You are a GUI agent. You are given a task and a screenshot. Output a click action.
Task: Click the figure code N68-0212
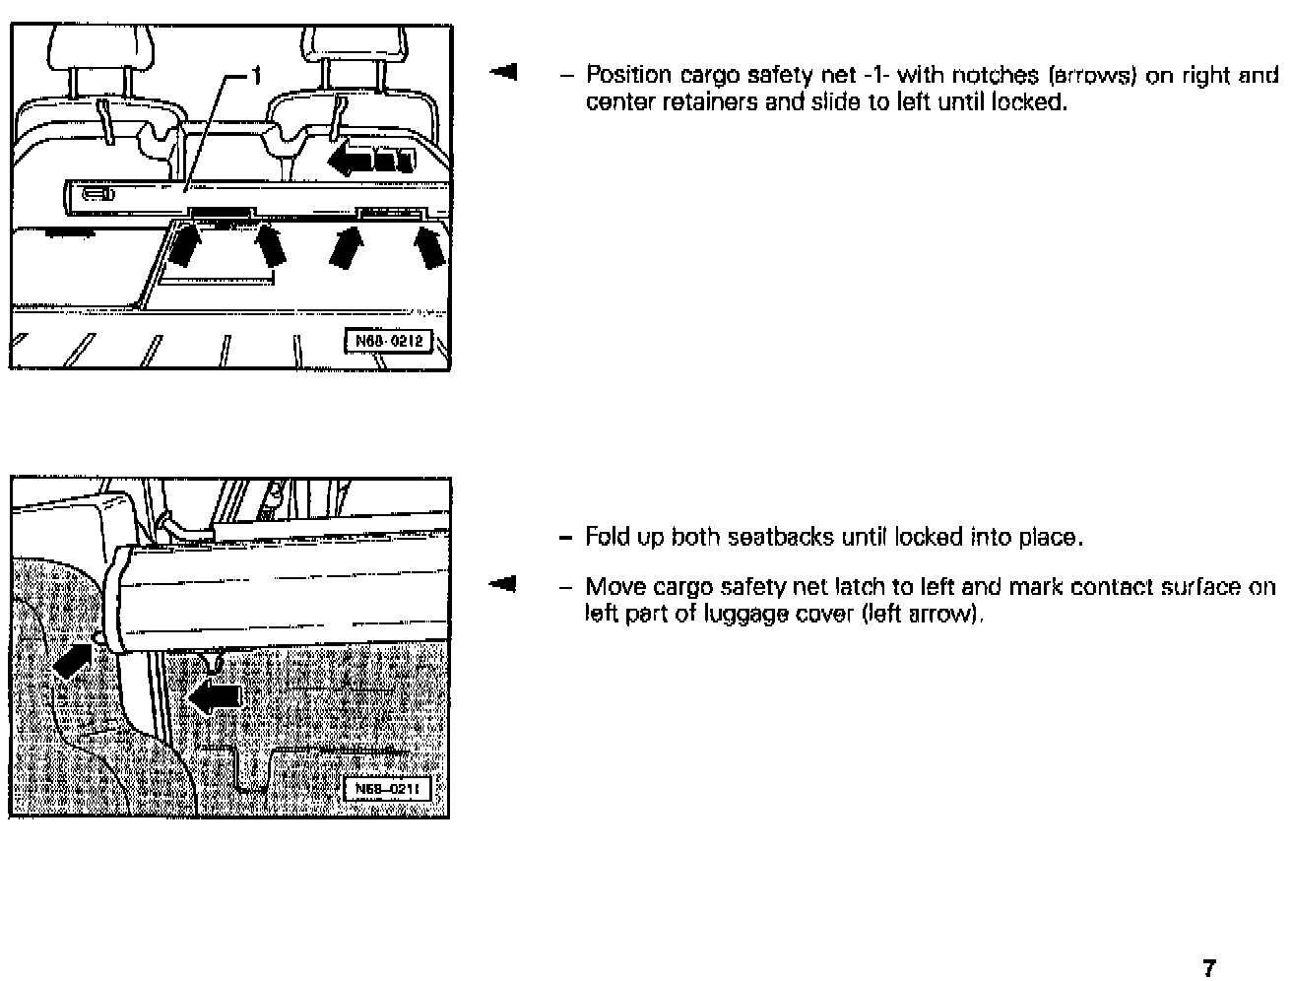click(388, 341)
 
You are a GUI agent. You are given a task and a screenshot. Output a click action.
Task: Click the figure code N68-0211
click(388, 789)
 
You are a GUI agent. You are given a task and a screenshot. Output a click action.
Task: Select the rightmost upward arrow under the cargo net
click(428, 246)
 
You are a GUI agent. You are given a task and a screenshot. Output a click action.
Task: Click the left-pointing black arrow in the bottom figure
click(217, 696)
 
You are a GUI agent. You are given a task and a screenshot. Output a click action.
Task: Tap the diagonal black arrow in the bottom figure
click(73, 660)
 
